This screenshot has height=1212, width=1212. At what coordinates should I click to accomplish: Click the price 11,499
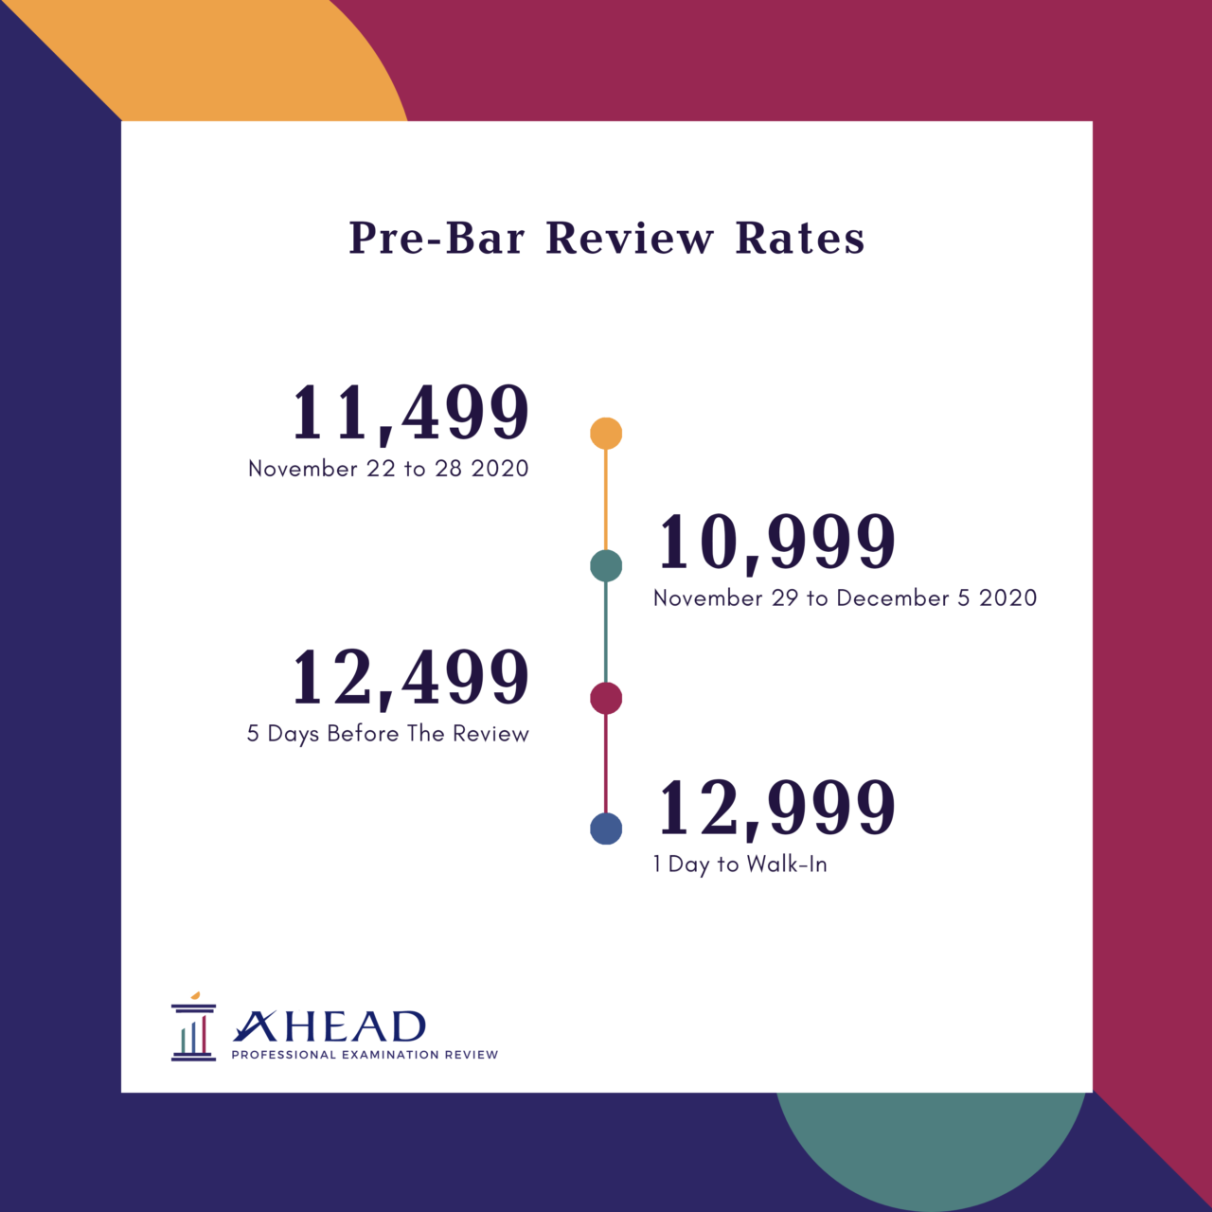(409, 413)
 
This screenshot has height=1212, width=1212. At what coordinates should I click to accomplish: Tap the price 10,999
(776, 543)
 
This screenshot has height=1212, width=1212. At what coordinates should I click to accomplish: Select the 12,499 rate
(409, 678)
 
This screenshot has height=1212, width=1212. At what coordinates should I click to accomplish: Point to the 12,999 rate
(776, 809)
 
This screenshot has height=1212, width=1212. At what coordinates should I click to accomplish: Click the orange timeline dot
(606, 434)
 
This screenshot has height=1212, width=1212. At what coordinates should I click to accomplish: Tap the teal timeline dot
(606, 566)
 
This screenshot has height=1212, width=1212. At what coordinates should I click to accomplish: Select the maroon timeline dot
(606, 699)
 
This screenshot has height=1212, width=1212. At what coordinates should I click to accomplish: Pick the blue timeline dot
(606, 829)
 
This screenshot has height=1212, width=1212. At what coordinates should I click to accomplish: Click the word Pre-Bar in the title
(437, 238)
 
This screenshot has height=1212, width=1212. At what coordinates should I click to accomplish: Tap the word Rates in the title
(800, 238)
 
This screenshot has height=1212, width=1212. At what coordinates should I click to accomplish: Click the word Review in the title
(630, 238)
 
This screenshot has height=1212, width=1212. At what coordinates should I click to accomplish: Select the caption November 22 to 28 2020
(388, 469)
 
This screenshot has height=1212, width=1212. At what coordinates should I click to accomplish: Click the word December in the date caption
(893, 598)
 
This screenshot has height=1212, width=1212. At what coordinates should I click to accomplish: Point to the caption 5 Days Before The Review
(388, 734)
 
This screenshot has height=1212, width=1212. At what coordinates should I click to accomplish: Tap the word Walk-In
(787, 864)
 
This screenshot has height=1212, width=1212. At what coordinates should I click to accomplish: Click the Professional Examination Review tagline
(365, 1055)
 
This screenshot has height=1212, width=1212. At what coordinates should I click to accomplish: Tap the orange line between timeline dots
(606, 499)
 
